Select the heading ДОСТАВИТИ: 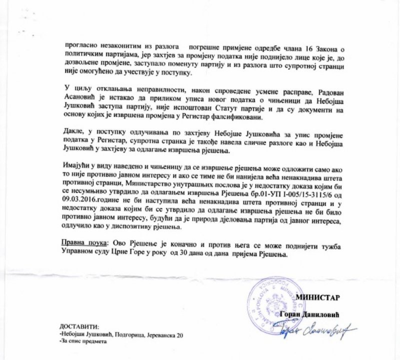click(x=79, y=325)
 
